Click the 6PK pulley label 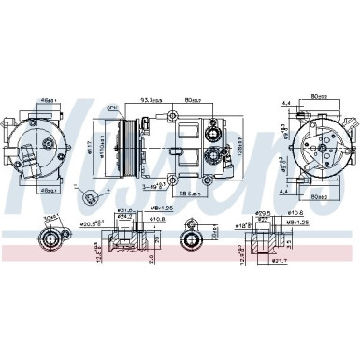112,109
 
